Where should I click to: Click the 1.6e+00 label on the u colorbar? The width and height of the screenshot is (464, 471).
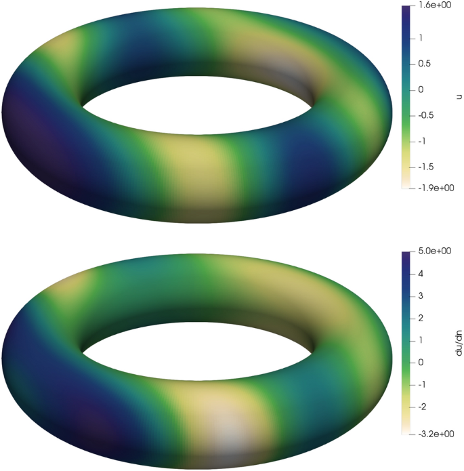point(434,5)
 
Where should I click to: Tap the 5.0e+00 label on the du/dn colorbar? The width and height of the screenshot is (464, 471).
point(434,251)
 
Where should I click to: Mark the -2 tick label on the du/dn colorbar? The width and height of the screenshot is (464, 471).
point(423,407)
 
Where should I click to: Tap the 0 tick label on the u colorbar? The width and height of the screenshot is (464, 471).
point(421,89)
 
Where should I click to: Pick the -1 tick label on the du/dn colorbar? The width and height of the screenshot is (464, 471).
point(423,385)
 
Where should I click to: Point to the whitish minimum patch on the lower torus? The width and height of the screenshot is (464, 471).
point(227,427)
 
